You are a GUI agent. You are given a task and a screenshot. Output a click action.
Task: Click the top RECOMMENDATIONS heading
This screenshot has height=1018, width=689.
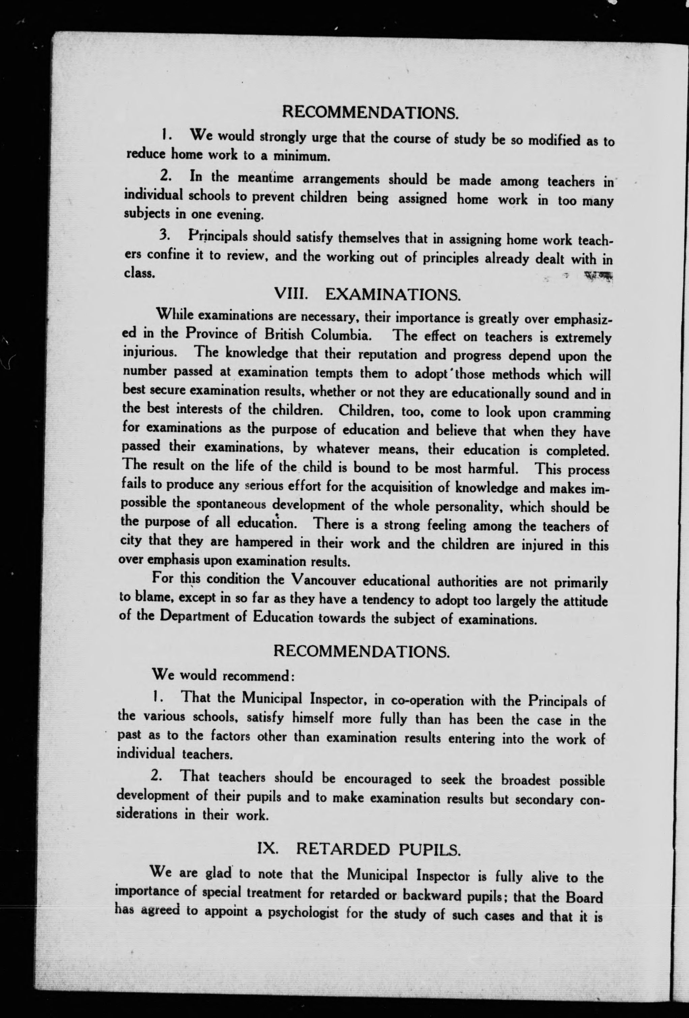[370, 113]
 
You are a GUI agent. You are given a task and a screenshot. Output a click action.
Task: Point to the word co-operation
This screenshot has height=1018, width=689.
[427, 700]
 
